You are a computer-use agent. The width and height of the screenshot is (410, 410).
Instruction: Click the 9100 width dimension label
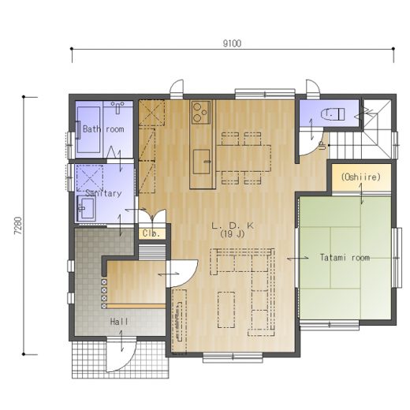pyautogui.click(x=232, y=43)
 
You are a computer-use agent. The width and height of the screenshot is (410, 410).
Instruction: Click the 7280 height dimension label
pyautogui.click(x=18, y=225)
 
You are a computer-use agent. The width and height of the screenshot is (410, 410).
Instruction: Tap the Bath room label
pyautogui.click(x=103, y=129)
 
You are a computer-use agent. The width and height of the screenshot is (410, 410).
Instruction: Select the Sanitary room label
pyautogui.click(x=103, y=193)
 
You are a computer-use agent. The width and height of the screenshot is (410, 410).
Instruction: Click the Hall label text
pyautogui.click(x=119, y=322)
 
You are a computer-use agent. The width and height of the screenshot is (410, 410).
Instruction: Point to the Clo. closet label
pyautogui.click(x=151, y=233)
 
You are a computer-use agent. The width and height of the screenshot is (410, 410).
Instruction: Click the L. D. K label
pyautogui.click(x=233, y=225)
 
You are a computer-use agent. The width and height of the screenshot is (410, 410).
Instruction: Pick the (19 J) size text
pyautogui.click(x=233, y=234)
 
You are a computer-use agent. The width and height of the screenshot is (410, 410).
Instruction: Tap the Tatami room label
pyautogui.click(x=345, y=257)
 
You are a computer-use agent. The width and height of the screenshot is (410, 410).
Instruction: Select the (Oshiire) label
pyautogui.click(x=360, y=177)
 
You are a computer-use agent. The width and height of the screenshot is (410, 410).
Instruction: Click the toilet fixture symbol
pyautogui.click(x=333, y=114)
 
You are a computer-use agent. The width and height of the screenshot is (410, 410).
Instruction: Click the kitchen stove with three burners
pyautogui.click(x=201, y=112)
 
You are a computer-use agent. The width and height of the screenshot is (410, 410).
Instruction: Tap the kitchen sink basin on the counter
pyautogui.click(x=202, y=162)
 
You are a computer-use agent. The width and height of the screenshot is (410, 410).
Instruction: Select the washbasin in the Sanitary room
pyautogui.click(x=86, y=209)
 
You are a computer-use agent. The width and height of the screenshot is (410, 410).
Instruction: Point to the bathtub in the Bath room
pyautogui.click(x=88, y=129)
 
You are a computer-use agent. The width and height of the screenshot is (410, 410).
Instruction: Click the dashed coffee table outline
pyautogui.click(x=226, y=310)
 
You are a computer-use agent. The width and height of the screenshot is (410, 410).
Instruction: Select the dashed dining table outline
pyautogui.click(x=244, y=158)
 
